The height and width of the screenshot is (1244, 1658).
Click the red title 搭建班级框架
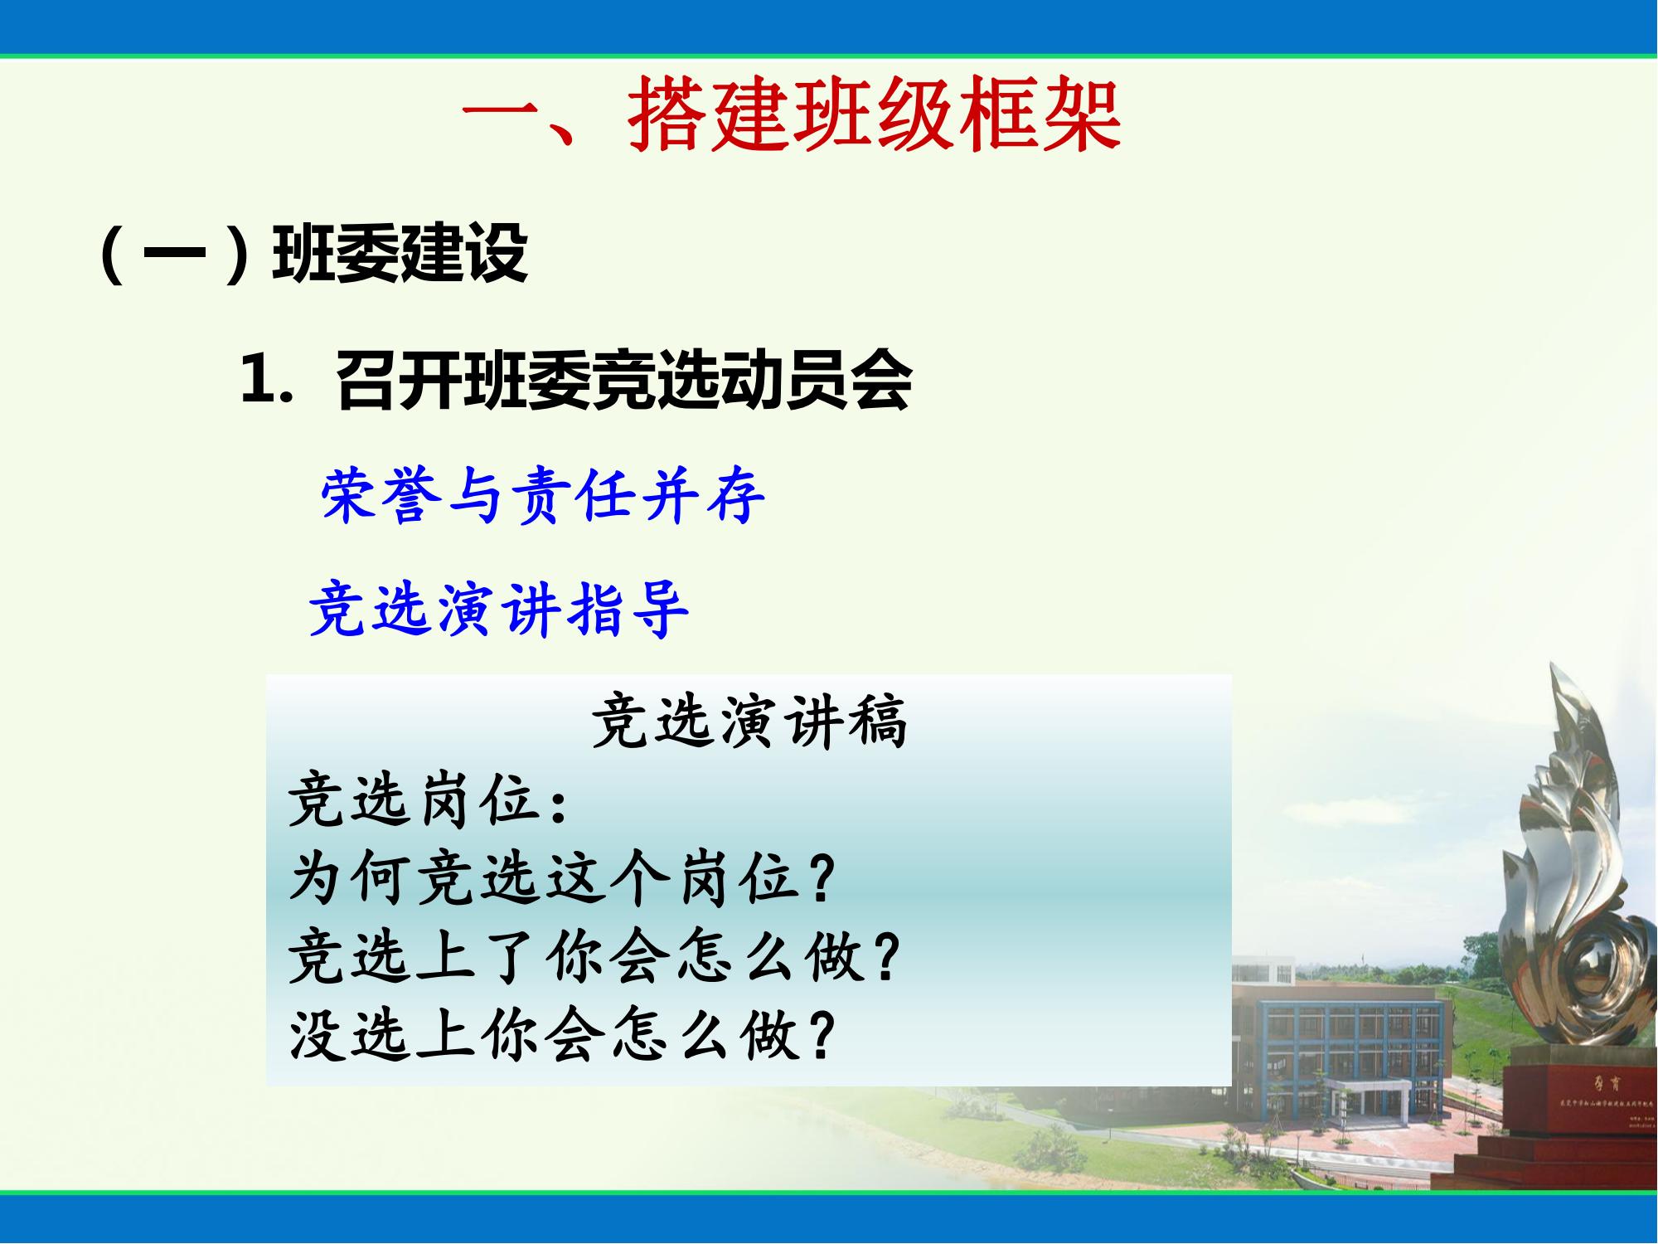[x=875, y=116]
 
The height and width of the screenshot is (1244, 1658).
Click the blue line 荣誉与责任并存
[x=543, y=496]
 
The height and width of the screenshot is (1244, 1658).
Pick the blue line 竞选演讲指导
[x=497, y=610]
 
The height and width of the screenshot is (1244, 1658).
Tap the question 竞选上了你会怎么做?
[x=593, y=958]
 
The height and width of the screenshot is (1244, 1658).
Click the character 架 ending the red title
[x=1082, y=116]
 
